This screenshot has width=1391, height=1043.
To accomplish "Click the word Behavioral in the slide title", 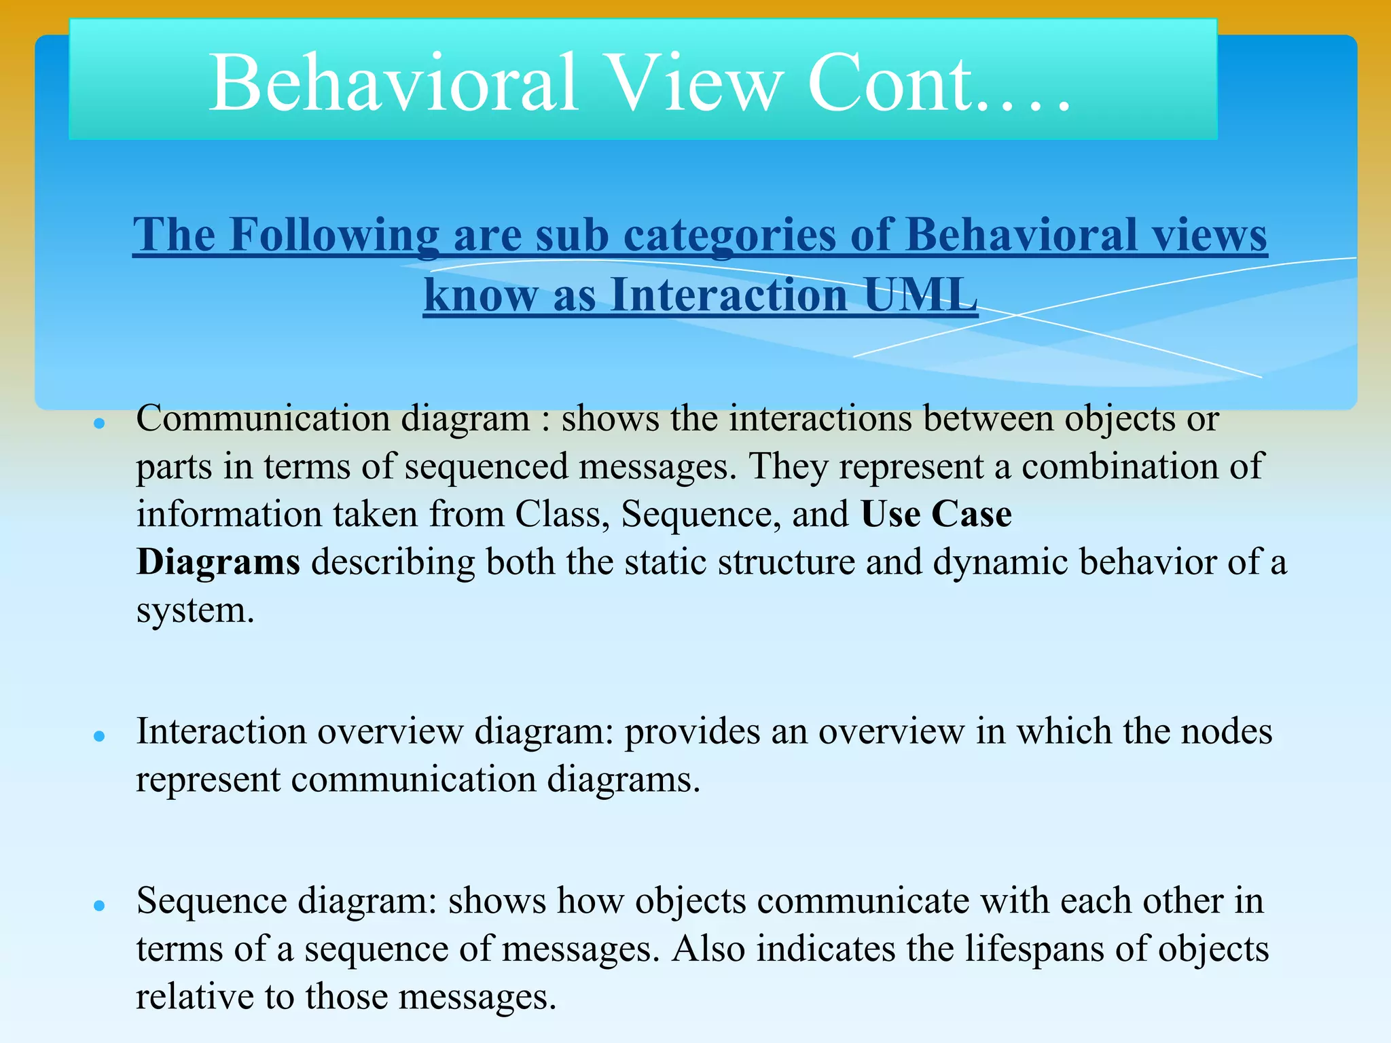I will coord(393,84).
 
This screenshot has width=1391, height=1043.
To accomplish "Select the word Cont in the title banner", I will coord(890,84).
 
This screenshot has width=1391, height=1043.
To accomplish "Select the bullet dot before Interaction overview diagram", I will coord(100,736).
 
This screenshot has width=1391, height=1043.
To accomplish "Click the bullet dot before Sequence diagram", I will coord(100,905).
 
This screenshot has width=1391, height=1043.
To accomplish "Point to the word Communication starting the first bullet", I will coord(264,418).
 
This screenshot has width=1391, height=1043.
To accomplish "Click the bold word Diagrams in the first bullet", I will coord(218,562).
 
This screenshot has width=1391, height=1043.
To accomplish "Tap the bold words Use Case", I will coord(936,514).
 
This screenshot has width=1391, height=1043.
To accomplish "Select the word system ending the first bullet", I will coord(195,610).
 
